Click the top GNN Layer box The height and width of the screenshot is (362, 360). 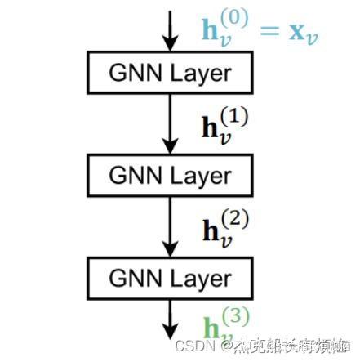point(171,74)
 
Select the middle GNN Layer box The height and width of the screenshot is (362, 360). point(171,175)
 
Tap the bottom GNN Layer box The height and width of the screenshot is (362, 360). point(171,278)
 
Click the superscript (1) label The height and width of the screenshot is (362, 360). point(234,118)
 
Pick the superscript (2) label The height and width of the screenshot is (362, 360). point(234,220)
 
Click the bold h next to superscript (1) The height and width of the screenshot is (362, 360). point(209,127)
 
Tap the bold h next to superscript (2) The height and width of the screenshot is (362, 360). point(209,230)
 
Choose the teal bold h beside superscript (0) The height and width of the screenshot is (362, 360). point(211,30)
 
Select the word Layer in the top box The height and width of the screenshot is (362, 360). point(200,74)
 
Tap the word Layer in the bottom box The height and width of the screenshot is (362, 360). point(200,278)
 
